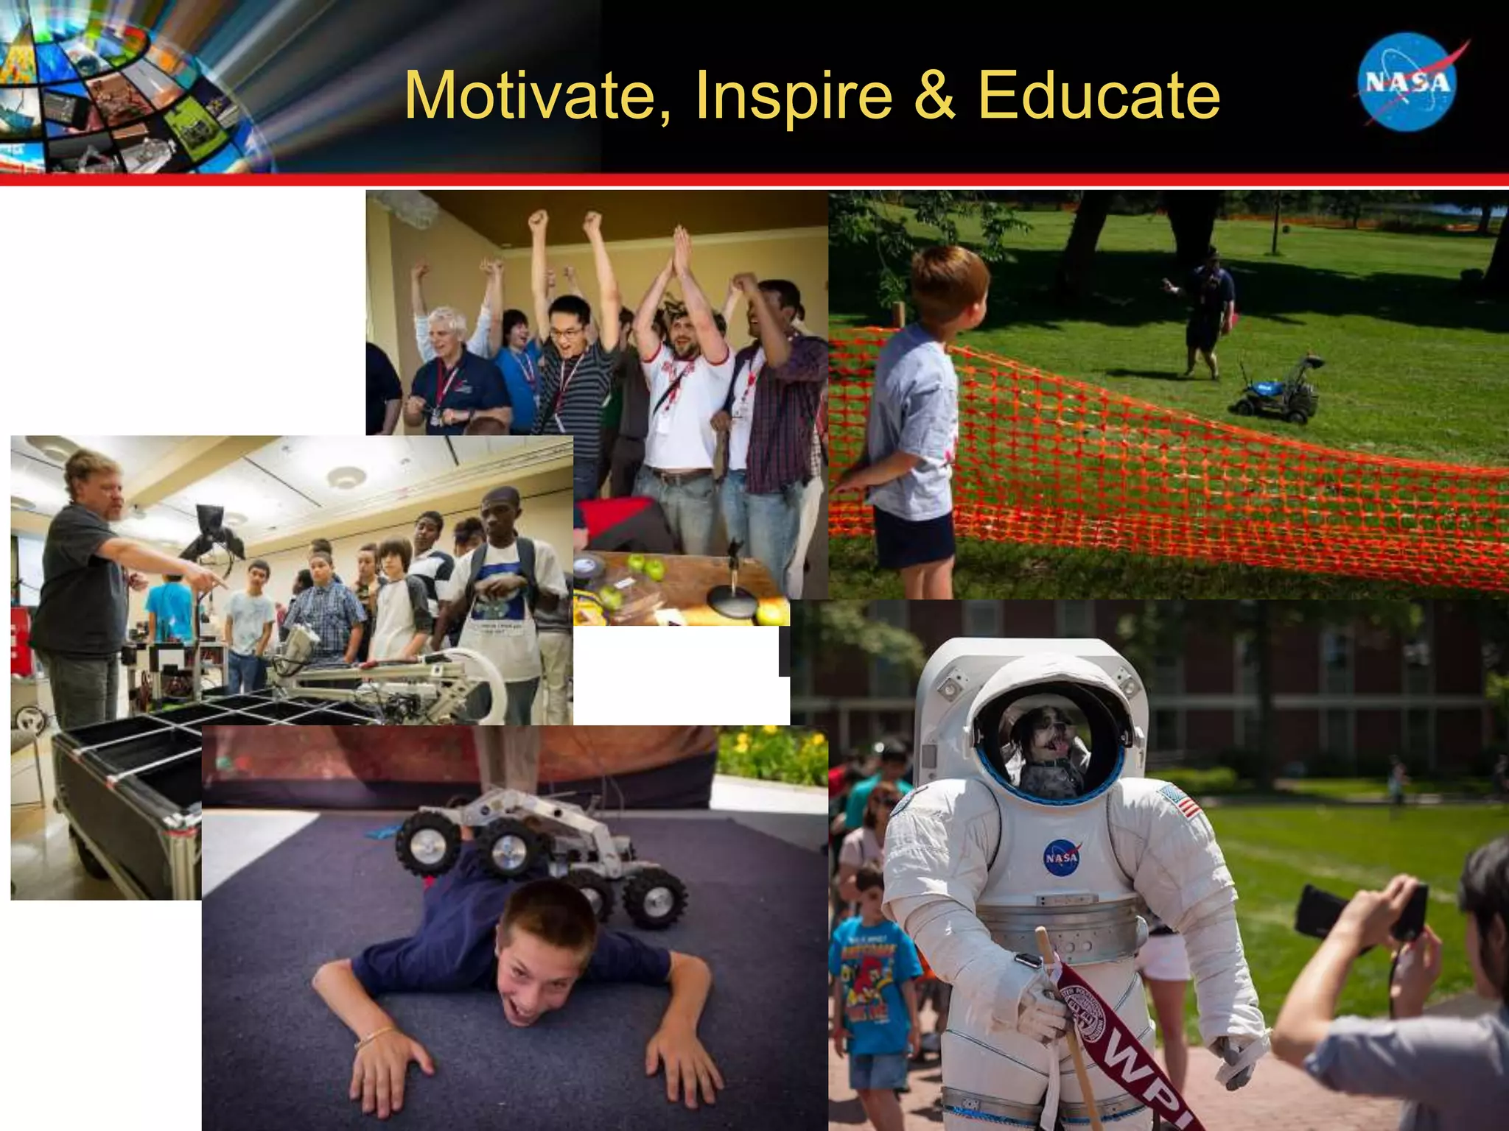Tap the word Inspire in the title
click(793, 96)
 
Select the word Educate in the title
click(1099, 96)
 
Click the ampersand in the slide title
click(934, 96)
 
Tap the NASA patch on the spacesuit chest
click(1060, 858)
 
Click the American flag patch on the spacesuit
click(1180, 801)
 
